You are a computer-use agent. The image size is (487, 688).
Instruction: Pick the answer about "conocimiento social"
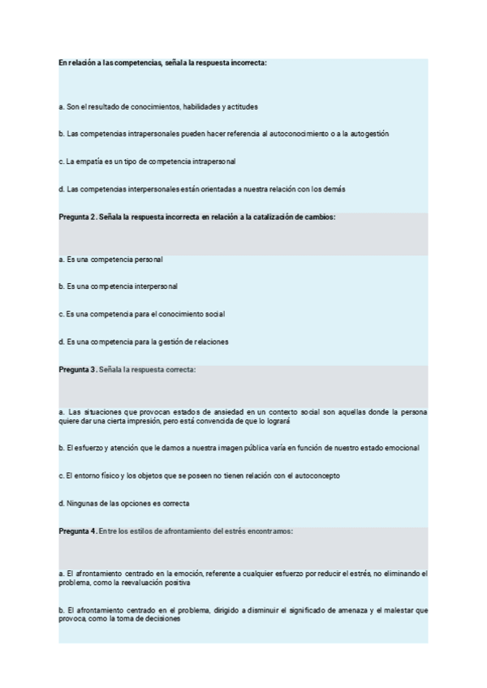141,314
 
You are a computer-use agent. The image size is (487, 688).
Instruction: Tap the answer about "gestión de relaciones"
143,342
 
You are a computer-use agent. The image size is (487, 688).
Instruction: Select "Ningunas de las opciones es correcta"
123,503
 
